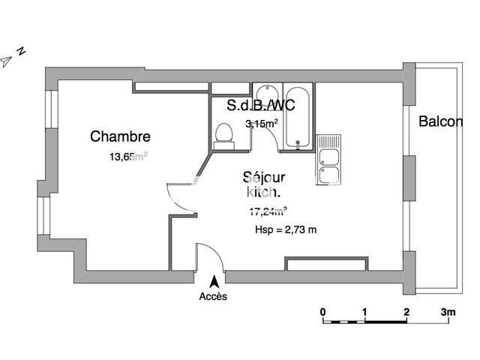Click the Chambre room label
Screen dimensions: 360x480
120,136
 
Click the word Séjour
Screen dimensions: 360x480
265,178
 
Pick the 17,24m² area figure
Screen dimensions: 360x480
268,211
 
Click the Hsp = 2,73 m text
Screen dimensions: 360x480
286,229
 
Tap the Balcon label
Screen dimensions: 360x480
440,121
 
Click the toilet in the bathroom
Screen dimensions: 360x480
223,133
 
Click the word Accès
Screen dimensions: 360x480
213,296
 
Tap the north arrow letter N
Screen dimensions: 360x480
22,52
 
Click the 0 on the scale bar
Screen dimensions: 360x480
322,311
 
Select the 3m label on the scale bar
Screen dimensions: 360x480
448,311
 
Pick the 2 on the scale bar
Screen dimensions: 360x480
406,311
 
